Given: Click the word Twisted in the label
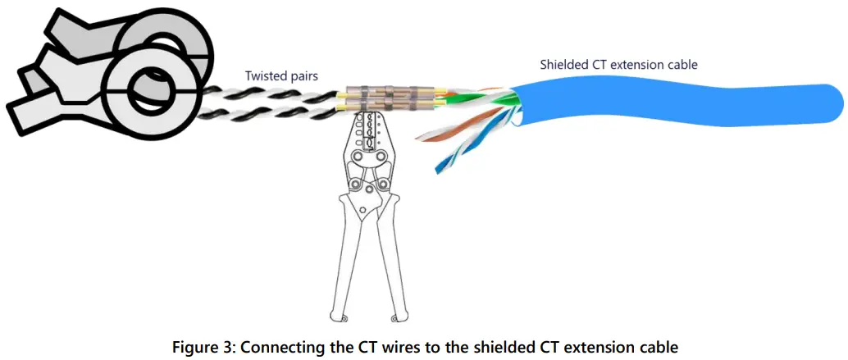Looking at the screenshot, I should tap(265, 75).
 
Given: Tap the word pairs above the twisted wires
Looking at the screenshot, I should tap(303, 76).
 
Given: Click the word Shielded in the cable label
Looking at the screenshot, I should tap(564, 64).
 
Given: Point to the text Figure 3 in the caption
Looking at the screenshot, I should tap(198, 347).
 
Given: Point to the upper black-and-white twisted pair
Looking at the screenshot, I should tap(271, 92).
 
